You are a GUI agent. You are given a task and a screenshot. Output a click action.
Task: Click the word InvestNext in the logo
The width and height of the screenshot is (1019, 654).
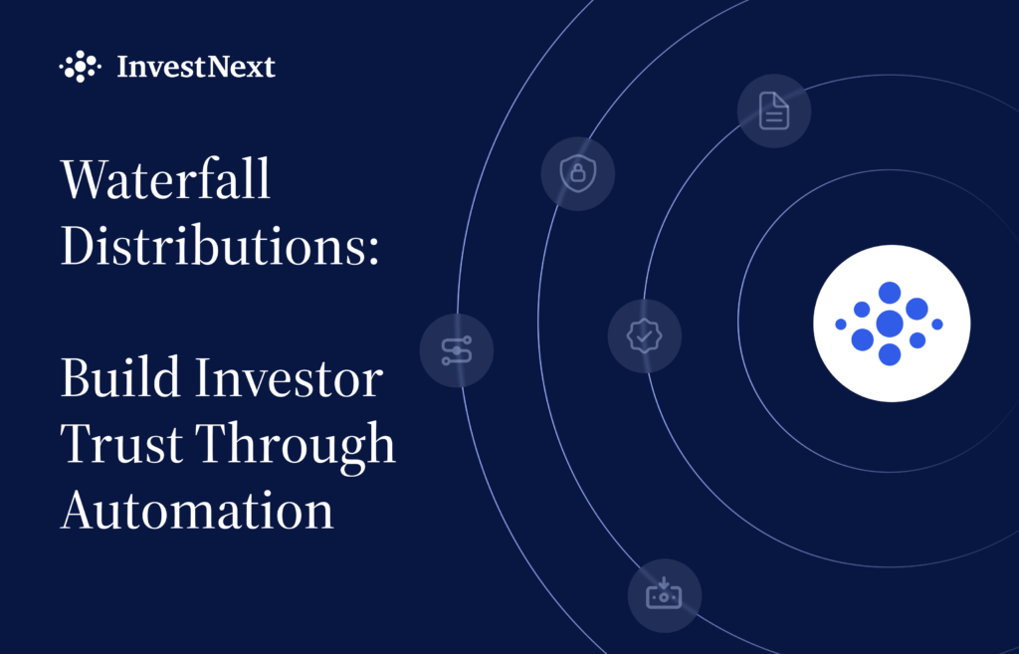(196, 67)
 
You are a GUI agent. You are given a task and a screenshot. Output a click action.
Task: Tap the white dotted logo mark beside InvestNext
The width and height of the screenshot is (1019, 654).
(80, 67)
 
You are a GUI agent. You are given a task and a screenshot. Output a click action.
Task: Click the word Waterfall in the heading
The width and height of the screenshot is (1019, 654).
(165, 178)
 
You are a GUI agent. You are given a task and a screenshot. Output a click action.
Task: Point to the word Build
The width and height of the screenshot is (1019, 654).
(120, 377)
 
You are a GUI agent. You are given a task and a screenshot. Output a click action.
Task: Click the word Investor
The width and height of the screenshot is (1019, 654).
(290, 377)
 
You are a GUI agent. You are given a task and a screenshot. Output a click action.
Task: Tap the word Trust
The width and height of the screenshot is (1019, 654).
(120, 443)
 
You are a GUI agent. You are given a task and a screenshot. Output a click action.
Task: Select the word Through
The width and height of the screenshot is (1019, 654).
(296, 447)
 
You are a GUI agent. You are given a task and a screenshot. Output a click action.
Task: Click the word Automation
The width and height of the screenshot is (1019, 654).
(197, 510)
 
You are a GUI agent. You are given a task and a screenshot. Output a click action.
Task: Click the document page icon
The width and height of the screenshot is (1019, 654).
(774, 110)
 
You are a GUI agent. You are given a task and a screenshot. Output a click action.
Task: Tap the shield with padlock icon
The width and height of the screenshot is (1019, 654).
(578, 173)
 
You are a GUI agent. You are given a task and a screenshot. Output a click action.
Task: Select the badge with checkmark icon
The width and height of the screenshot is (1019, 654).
(644, 336)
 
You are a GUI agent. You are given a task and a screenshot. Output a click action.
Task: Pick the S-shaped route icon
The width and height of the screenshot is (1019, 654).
(457, 351)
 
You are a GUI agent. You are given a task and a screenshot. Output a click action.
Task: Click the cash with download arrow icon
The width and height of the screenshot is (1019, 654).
(664, 593)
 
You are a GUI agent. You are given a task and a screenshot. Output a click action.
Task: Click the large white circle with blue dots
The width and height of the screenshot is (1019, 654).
(892, 324)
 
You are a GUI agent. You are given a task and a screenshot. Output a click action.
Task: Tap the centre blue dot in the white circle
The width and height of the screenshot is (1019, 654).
(890, 324)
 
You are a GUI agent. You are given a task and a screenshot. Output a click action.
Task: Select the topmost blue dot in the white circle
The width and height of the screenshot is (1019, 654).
(890, 293)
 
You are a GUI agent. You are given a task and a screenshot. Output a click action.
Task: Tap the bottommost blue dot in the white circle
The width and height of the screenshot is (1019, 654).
(890, 354)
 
